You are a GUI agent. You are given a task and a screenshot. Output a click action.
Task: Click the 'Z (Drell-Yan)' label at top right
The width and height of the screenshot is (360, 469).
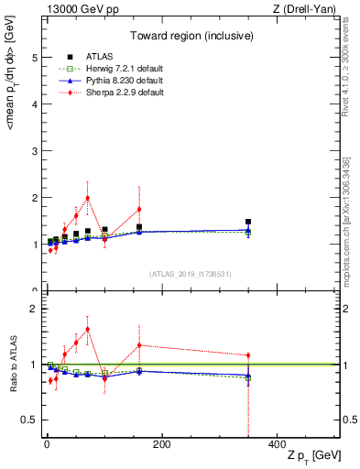point(308,9)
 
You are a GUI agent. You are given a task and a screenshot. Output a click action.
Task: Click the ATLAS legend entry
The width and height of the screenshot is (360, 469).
point(96,57)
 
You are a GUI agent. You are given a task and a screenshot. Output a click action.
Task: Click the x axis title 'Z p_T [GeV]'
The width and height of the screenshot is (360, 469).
point(314,456)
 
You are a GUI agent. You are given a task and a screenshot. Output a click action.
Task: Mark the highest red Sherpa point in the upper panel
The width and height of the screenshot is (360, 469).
point(87,198)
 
